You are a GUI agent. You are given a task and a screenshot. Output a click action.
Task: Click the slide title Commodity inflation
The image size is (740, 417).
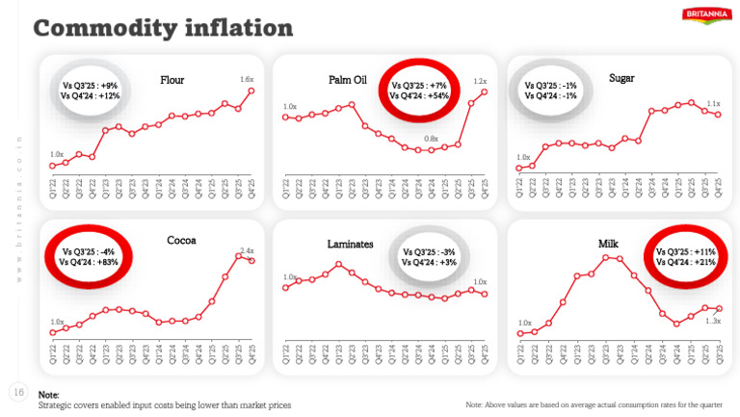tap(163, 28)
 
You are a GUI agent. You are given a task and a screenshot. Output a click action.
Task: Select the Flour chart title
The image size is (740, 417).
tap(172, 80)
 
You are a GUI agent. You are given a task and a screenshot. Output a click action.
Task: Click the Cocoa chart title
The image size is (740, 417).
tap(181, 240)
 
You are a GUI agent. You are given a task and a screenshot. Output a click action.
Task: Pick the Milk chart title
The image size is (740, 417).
tap(613, 245)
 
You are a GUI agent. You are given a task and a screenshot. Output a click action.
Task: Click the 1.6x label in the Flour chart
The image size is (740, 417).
tap(246, 79)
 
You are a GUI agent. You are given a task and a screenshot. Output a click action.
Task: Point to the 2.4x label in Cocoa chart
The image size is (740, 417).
tap(247, 250)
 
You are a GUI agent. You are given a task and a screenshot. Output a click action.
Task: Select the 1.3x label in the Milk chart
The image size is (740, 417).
tap(713, 321)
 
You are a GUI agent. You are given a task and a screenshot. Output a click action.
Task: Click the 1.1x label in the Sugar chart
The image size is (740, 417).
tap(713, 103)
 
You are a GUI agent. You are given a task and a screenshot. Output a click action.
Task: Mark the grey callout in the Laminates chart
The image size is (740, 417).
tap(436, 256)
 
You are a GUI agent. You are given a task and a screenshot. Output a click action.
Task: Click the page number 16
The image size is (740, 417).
tap(17, 392)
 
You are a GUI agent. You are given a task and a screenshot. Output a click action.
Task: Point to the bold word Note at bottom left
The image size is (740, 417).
tap(48, 395)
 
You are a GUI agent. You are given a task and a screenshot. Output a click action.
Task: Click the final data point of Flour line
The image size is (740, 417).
tap(251, 91)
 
